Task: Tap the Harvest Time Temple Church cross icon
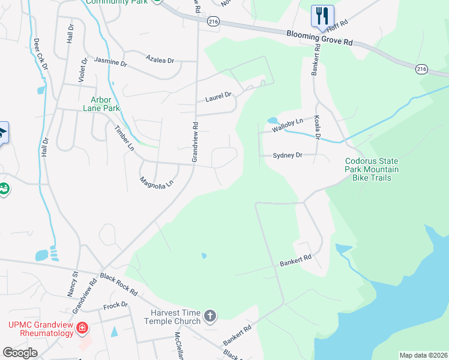tap(209, 316)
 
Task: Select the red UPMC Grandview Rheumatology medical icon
tap(82, 328)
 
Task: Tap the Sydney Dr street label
tap(287, 155)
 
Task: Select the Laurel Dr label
tap(218, 96)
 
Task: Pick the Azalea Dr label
tap(160, 59)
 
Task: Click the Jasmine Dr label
tap(111, 62)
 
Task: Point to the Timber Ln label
tap(125, 137)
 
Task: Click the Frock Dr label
tap(116, 305)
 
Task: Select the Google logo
tap(20, 353)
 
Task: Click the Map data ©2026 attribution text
tap(423, 355)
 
